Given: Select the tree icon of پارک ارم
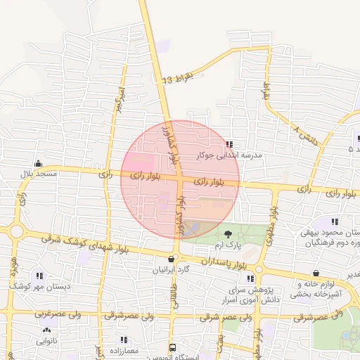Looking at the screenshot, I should pyautogui.click(x=228, y=234).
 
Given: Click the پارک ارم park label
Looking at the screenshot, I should pyautogui.click(x=228, y=245).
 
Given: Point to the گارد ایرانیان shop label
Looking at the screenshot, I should pyautogui.click(x=172, y=269).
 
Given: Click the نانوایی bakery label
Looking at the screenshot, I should pyautogui.click(x=47, y=340).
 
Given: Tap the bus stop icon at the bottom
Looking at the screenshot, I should pyautogui.click(x=172, y=347).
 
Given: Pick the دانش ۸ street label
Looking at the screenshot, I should pyautogui.click(x=305, y=135).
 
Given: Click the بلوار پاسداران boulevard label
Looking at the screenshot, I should pyautogui.click(x=226, y=263).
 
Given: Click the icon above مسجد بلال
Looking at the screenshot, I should pyautogui.click(x=38, y=163).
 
